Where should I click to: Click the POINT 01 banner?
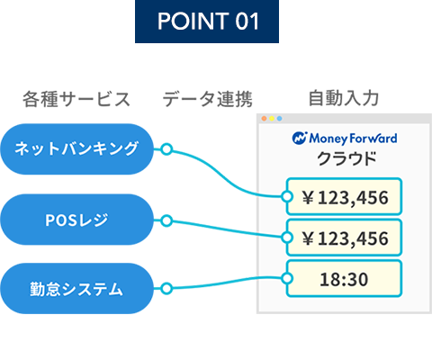(207, 22)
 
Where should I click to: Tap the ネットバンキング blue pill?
(76, 149)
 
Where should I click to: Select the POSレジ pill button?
(76, 220)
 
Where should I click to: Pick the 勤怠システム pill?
(76, 289)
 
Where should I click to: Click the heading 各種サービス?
(76, 99)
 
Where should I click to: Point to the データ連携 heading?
(207, 99)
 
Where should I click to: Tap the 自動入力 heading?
(344, 98)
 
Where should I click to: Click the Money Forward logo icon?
(300, 139)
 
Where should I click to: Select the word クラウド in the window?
(346, 158)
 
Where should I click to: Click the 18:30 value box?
(344, 279)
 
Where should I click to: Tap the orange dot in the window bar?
(264, 119)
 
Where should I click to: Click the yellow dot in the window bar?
(272, 119)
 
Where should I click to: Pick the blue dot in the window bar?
(279, 119)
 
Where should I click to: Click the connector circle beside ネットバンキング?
(166, 149)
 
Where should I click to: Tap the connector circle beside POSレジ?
(166, 220)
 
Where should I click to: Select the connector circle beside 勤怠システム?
(166, 288)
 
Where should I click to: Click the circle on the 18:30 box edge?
(287, 278)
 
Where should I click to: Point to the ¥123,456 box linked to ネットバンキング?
(344, 196)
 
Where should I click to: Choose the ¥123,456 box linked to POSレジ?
(344, 238)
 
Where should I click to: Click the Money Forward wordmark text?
(353, 139)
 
